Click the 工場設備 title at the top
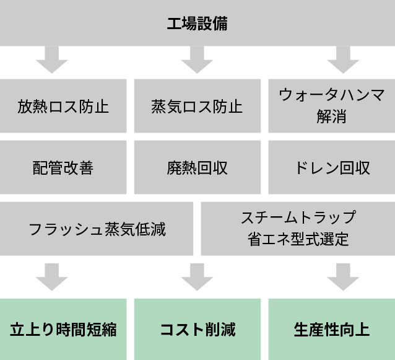197,24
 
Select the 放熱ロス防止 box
63,107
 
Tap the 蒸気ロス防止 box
197,107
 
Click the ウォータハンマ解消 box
331,105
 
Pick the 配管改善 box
63,167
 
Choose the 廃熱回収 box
197,167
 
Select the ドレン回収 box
331,167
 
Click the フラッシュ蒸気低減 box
97,229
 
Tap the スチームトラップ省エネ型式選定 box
298,228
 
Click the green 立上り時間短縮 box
63,329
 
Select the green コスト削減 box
197,329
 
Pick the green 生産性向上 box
331,329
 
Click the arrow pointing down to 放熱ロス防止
51,60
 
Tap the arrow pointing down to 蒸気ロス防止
197,60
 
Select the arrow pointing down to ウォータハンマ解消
343,60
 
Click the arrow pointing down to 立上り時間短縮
51,277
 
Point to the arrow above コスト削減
197,277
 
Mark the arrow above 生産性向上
343,277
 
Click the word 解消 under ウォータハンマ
331,116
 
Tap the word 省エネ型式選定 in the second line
298,239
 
